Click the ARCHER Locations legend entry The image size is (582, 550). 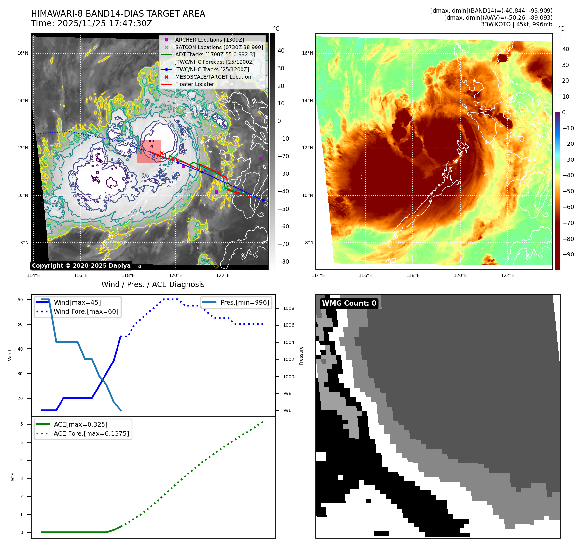(209, 40)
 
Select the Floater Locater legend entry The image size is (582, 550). (194, 84)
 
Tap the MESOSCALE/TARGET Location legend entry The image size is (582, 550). (213, 77)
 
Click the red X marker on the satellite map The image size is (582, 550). (162, 153)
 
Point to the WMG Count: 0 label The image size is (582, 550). (349, 303)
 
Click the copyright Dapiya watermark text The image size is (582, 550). (81, 266)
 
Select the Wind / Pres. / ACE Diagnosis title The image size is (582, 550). (153, 284)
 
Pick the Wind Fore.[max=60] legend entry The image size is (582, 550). (86, 311)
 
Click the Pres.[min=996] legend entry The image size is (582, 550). (244, 302)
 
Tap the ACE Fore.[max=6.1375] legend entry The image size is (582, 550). (91, 433)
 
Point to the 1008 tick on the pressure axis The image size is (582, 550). (288, 308)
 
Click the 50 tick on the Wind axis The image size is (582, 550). (20, 324)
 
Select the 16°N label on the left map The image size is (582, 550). (23, 53)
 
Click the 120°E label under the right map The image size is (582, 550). (460, 275)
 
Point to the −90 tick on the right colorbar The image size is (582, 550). (568, 254)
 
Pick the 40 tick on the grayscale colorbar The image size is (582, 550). (281, 51)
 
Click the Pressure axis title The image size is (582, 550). (301, 355)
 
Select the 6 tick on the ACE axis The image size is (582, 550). (21, 424)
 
